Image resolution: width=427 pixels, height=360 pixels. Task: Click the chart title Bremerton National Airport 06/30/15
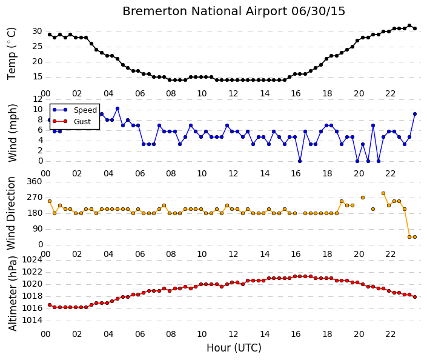(x=234, y=12)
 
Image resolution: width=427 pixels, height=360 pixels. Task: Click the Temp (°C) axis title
(x=12, y=54)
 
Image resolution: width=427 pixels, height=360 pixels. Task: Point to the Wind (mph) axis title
(x=12, y=133)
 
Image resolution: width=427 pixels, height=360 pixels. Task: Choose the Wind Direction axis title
(x=11, y=213)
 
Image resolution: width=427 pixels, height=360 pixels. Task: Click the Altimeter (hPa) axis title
(x=12, y=293)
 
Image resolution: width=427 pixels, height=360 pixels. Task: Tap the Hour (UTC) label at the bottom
(x=234, y=348)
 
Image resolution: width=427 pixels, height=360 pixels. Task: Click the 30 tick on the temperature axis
(x=37, y=32)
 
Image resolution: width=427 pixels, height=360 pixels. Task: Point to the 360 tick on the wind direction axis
(x=35, y=181)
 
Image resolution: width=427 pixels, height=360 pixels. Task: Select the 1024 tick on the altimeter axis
(x=32, y=260)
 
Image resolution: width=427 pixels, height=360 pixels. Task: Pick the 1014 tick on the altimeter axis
(x=32, y=320)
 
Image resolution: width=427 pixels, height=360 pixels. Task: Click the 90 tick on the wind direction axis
(x=37, y=228)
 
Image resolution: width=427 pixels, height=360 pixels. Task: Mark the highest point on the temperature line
(x=409, y=25)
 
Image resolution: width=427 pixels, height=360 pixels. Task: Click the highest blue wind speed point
(x=118, y=108)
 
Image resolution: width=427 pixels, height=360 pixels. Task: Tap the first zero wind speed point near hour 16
(x=300, y=161)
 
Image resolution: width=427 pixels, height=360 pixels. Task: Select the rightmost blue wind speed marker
(x=415, y=114)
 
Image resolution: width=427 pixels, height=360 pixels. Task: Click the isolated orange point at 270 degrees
(x=363, y=198)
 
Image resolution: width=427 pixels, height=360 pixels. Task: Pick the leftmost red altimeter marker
(x=50, y=305)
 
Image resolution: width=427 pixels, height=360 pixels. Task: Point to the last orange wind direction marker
(x=415, y=237)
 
